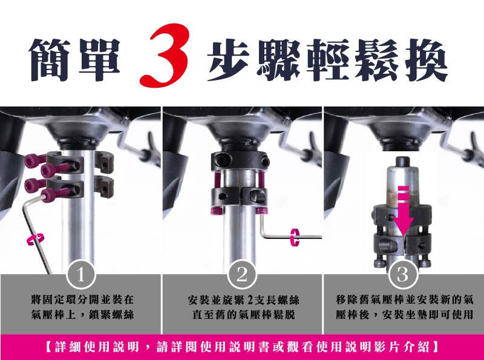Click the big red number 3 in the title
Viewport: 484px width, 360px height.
163,56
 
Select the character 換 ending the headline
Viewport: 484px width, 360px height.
427,59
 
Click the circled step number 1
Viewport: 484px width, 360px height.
80,275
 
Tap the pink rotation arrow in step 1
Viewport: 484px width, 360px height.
36,239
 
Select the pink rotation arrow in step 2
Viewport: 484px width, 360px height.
295,237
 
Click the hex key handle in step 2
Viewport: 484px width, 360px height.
290,237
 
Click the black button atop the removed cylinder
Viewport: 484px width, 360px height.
403,162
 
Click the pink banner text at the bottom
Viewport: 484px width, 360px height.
242,347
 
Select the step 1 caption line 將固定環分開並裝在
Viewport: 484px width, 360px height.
82,299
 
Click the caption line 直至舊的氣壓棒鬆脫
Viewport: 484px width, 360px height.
244,315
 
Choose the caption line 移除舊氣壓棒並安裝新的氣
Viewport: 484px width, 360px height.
404,299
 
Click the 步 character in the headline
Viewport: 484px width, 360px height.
229,59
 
